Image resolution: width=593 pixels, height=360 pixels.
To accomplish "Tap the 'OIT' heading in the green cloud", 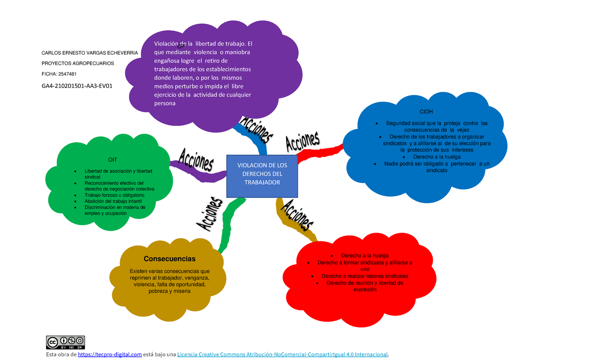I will pos(113,159).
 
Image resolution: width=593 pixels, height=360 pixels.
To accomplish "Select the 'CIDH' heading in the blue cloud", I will pos(426,112).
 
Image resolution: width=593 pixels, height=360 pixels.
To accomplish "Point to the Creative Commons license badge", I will pos(66,342).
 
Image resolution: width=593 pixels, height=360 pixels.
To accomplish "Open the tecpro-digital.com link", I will pos(110,355).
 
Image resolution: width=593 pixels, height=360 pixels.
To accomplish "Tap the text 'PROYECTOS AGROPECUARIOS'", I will pos(78,64).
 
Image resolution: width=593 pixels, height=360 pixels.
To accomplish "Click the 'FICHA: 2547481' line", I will pos(59,74).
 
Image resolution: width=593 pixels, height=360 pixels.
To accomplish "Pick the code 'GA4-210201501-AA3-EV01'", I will pos(77,86).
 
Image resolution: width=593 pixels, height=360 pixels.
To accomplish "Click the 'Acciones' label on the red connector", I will pos(302,140).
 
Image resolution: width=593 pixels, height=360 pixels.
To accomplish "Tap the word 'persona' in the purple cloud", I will pos(165,104).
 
